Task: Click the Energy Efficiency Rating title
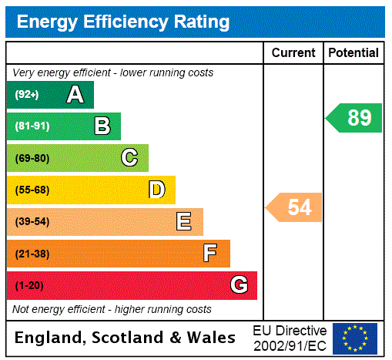coord(123,22)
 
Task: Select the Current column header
coord(293,53)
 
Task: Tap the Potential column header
coord(353,53)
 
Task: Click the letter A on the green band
coord(75,95)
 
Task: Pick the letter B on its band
coord(102,126)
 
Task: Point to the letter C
coord(129,158)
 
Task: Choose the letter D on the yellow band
coord(157,190)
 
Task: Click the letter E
coord(184,222)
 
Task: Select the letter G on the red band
coord(239,285)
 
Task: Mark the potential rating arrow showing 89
coord(355,118)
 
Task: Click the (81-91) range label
coord(32,126)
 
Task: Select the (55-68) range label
coord(32,190)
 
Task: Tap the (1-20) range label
coord(29,285)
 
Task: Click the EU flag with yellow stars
coord(355,338)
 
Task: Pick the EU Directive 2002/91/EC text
coord(290,338)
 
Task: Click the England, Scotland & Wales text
coord(126,338)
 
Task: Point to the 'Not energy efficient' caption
coord(112,309)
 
